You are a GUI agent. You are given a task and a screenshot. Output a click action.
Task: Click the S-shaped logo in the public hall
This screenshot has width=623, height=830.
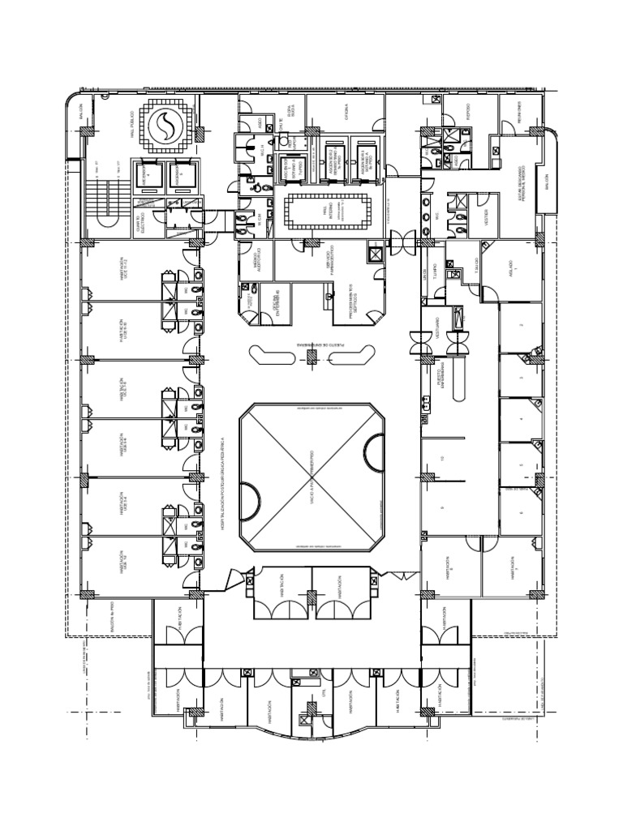169,126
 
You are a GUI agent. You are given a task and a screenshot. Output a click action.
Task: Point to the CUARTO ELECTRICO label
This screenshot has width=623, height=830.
140,220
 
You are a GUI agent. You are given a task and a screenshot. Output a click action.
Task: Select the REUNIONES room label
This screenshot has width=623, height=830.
517,113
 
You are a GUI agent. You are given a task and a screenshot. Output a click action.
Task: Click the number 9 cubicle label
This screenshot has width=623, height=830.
443,507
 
